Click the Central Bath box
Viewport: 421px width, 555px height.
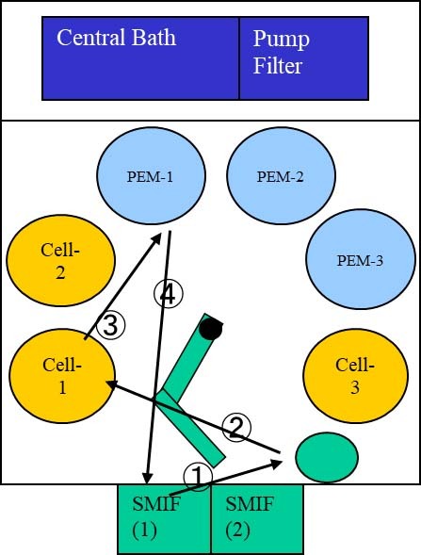(141, 58)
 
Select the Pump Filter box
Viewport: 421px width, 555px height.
(304, 58)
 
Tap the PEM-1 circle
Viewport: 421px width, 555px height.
(151, 175)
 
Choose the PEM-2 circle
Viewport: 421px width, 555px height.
(281, 175)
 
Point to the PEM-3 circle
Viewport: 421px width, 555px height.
(361, 259)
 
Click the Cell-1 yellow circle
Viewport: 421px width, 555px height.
(62, 376)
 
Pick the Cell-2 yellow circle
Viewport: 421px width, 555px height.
(61, 260)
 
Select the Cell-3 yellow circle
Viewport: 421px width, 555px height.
(355, 376)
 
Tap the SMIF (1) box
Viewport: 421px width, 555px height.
(164, 519)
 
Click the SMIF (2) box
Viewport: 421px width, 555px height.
(257, 519)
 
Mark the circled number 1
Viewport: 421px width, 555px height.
(198, 477)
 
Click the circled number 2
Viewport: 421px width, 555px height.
(236, 427)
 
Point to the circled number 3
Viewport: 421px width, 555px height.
(111, 325)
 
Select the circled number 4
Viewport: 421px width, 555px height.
(169, 293)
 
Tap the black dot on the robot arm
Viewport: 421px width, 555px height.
(211, 329)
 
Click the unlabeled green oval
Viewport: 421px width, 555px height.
(327, 457)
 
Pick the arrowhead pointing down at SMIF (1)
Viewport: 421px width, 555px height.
(148, 479)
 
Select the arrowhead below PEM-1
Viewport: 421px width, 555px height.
(155, 239)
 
